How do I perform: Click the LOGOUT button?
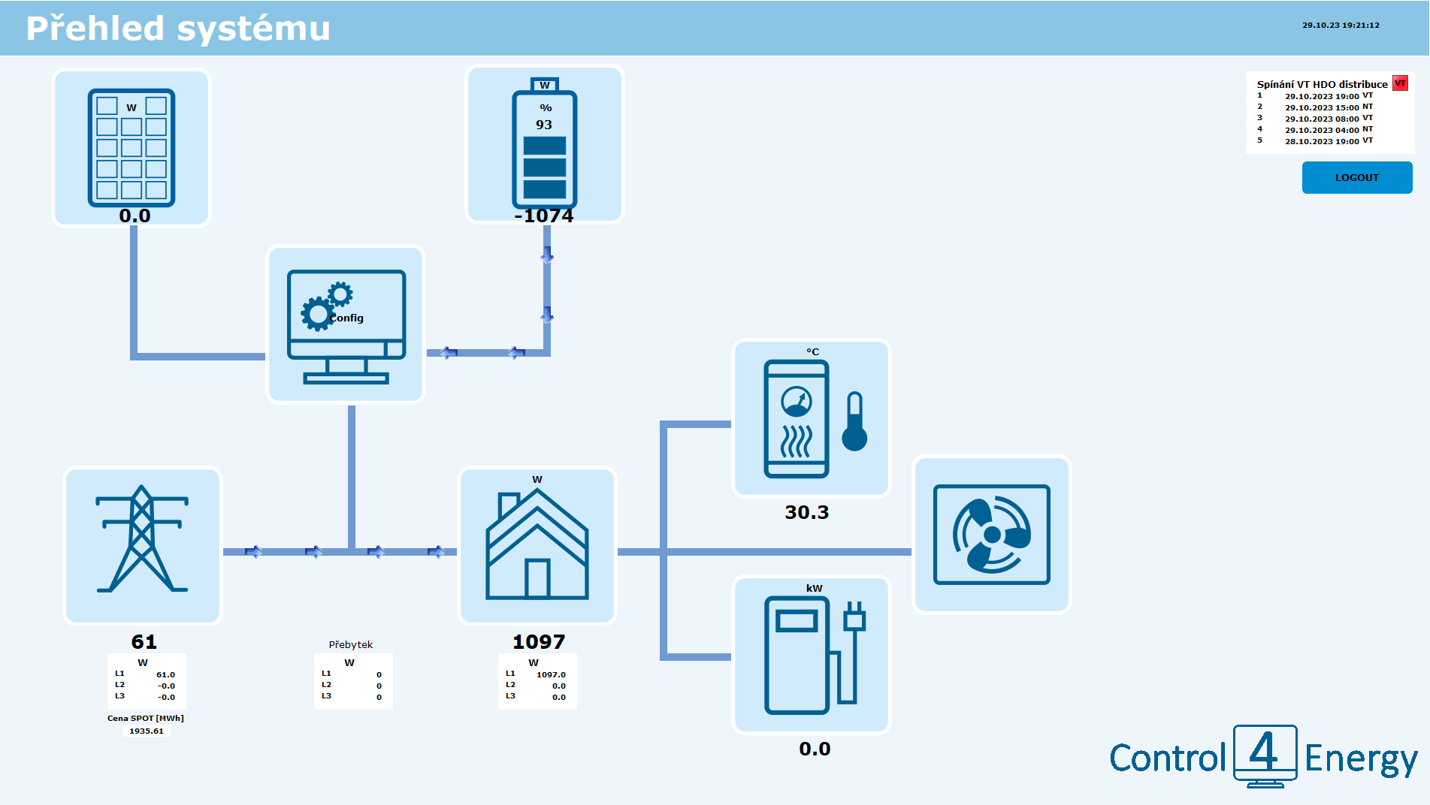pos(1356,178)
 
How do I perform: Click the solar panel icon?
pos(132,148)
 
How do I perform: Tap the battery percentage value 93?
pos(543,125)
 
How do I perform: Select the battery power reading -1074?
pos(544,216)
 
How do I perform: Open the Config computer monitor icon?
pos(346,325)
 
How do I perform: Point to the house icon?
pos(537,545)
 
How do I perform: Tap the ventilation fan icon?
pos(991,535)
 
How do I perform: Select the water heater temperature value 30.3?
pos(806,513)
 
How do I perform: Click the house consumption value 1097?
pos(538,642)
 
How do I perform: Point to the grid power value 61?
pos(144,642)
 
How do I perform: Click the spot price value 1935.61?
pos(147,731)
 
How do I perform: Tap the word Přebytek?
pos(350,645)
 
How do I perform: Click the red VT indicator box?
pos(1400,83)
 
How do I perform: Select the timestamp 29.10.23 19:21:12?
pos(1341,26)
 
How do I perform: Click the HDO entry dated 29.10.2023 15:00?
pos(1321,108)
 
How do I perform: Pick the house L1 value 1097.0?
pos(551,675)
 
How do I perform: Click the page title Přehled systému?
pos(178,29)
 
